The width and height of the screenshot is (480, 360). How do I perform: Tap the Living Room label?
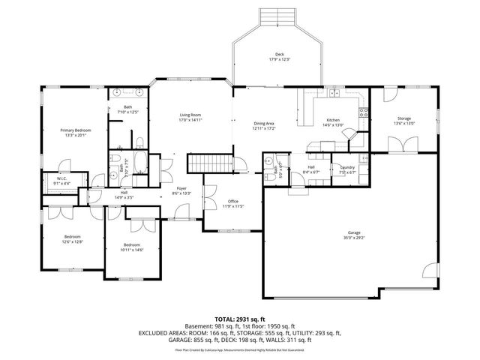(x=190, y=115)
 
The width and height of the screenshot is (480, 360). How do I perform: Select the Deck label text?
(x=278, y=55)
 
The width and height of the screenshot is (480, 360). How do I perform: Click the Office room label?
(x=233, y=201)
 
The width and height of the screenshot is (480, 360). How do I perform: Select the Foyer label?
(x=181, y=188)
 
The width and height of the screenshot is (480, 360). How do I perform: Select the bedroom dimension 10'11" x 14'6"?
(x=132, y=249)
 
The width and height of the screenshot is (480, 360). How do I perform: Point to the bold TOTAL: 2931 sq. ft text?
(x=239, y=319)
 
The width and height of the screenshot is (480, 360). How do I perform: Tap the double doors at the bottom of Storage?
(x=406, y=145)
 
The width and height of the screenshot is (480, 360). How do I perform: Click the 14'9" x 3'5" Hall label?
(x=124, y=196)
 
